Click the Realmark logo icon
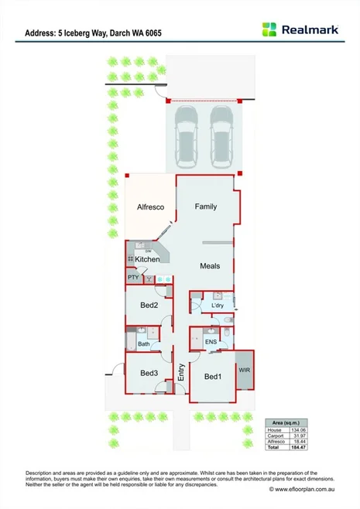(269, 29)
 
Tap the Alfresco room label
(149, 207)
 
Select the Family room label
(205, 207)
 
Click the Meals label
(210, 266)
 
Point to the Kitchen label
(147, 259)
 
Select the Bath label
(144, 344)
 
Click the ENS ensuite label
(210, 341)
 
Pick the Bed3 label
(149, 374)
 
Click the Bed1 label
(213, 377)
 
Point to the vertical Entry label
(181, 373)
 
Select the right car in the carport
(221, 136)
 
